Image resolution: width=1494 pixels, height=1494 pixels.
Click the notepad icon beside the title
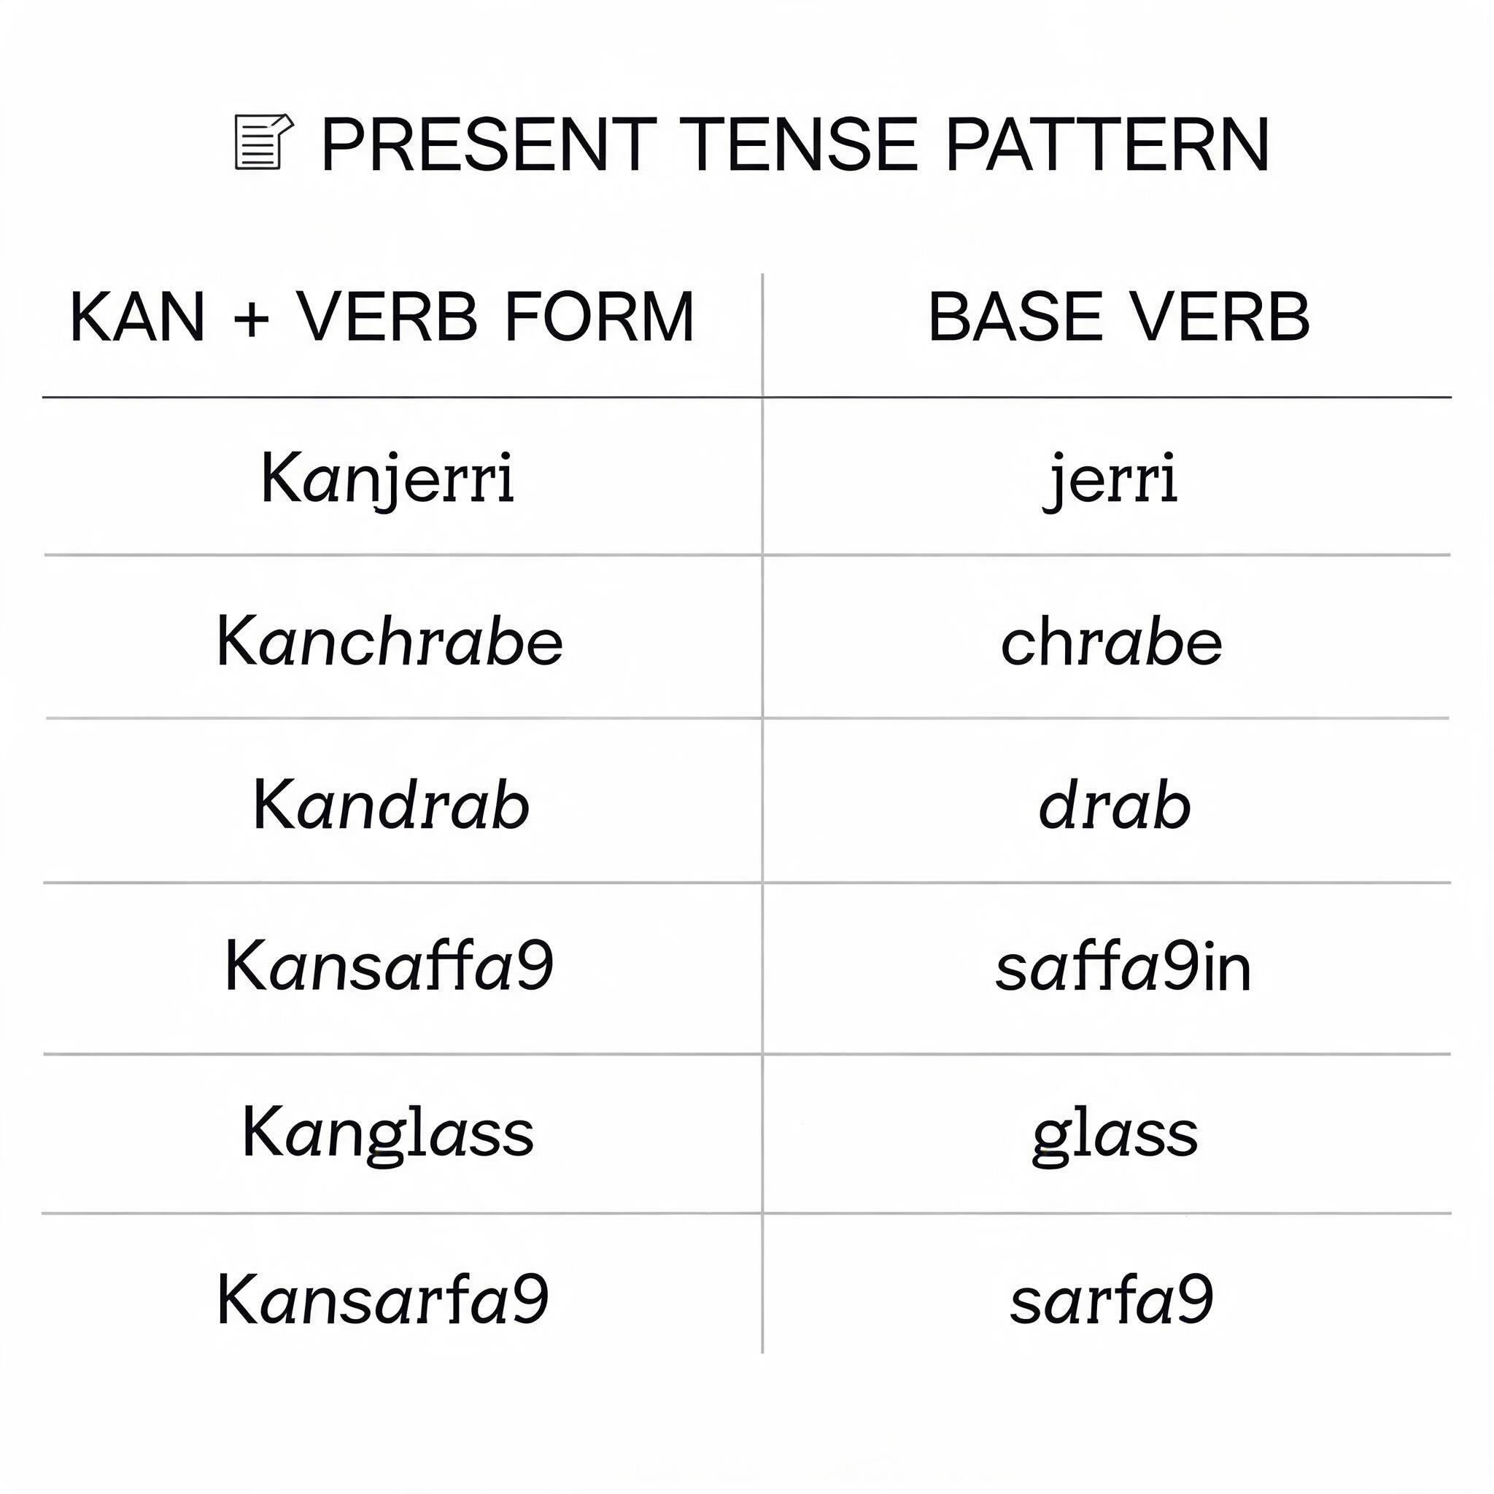[x=263, y=142]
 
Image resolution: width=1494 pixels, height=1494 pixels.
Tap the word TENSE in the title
[x=802, y=144]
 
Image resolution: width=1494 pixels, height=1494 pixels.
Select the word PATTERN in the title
[x=1107, y=144]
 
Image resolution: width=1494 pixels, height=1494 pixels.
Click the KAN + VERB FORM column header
[x=383, y=317]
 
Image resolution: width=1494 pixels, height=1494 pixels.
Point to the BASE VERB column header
[x=1119, y=317]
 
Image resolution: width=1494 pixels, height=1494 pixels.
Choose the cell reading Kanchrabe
[x=390, y=640]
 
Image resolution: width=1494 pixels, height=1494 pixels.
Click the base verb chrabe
[x=1111, y=640]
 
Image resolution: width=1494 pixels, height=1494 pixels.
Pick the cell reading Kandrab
[x=391, y=804]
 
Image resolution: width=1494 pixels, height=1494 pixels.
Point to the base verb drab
[x=1115, y=804]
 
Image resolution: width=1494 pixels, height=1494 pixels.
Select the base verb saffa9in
[x=1123, y=966]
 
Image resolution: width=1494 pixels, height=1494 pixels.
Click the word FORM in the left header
[x=600, y=317]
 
